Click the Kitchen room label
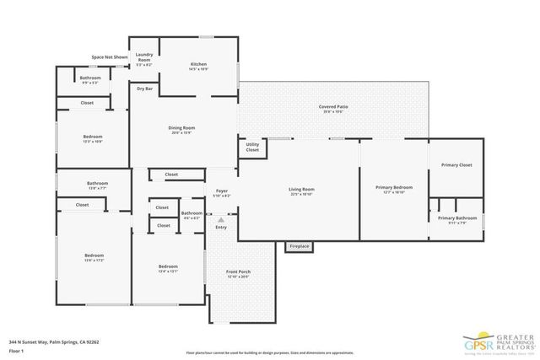coord(198,66)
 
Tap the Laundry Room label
coord(144,57)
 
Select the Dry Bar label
coord(144,88)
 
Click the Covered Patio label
coord(333,109)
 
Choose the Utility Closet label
coord(252,148)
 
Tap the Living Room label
coord(301,191)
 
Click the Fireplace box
coord(299,246)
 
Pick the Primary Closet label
coord(458,165)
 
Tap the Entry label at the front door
coord(221,227)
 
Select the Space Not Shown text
coord(110,57)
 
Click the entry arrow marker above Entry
coord(221,218)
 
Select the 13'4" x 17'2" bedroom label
coord(94,257)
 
